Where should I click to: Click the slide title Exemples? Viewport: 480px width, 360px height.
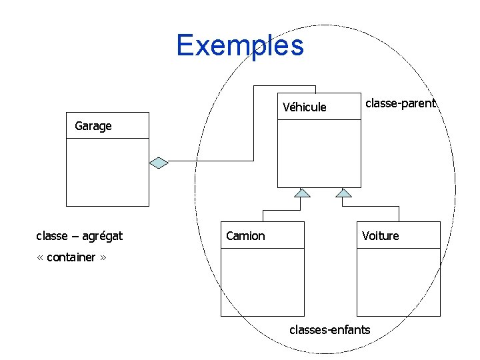pyautogui.click(x=240, y=46)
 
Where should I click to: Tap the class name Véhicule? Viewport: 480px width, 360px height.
pyautogui.click(x=304, y=107)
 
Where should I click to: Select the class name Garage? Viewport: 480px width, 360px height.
pyautogui.click(x=93, y=126)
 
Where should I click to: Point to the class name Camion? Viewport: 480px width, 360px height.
pyautogui.click(x=245, y=236)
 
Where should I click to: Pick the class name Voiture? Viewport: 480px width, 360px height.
pyautogui.click(x=380, y=236)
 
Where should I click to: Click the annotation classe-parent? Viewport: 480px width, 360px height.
pyautogui.click(x=399, y=103)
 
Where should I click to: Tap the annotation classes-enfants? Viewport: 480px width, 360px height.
pyautogui.click(x=329, y=329)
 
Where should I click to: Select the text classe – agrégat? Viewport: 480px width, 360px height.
pyautogui.click(x=79, y=235)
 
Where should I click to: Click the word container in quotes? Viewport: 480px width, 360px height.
pyautogui.click(x=72, y=257)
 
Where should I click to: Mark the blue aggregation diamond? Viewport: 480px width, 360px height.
pyautogui.click(x=159, y=162)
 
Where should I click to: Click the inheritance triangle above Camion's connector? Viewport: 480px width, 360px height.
pyautogui.click(x=303, y=193)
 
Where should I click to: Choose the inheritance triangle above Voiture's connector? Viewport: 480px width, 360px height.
pyautogui.click(x=343, y=193)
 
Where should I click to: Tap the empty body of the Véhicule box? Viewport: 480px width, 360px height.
pyautogui.click(x=319, y=153)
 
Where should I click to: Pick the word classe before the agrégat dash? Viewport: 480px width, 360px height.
pyautogui.click(x=51, y=235)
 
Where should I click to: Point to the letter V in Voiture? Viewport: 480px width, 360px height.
pyautogui.click(x=365, y=236)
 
